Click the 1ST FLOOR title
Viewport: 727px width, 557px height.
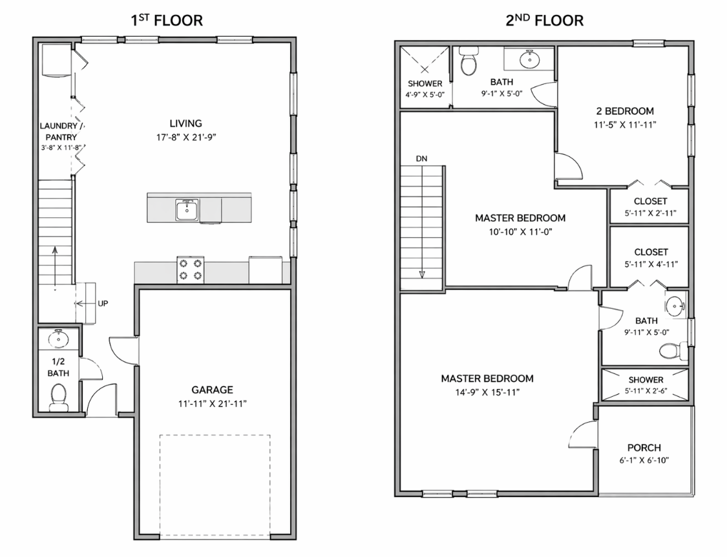(167, 21)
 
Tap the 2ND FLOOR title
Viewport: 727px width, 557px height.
(544, 21)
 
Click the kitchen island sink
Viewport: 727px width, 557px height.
(187, 210)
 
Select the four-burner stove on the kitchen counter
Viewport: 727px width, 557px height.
(191, 269)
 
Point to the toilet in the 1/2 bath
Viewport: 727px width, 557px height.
(59, 397)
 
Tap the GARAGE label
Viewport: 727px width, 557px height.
(213, 390)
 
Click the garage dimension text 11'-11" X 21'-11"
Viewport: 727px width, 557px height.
(213, 404)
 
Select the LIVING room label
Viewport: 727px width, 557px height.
(186, 123)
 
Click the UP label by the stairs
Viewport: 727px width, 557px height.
(103, 303)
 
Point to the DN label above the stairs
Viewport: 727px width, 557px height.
(421, 158)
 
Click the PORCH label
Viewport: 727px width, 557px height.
(644, 448)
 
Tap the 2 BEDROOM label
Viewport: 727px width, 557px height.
(625, 111)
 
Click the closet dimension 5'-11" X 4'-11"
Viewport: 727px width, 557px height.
(651, 264)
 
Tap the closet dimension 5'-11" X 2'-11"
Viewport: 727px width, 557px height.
(651, 213)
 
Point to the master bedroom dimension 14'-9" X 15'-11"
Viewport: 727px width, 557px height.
(487, 392)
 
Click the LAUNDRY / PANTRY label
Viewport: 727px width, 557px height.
(61, 131)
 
